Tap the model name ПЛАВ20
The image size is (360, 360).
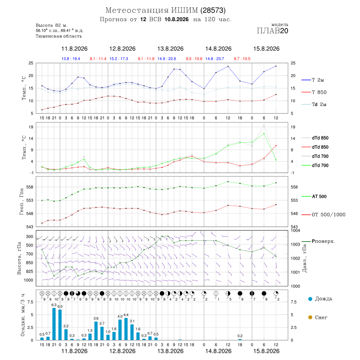click(272, 31)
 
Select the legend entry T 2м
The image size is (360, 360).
click(318, 80)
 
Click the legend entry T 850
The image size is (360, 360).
click(319, 92)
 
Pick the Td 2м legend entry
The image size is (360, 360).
click(319, 104)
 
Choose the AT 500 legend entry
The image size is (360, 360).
click(319, 196)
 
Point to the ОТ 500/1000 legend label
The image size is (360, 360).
click(328, 215)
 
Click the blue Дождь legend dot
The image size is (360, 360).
click(310, 299)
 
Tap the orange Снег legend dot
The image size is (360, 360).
click(310, 317)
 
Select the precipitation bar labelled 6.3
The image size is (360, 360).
click(54, 324)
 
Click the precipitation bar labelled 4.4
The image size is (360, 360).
click(126, 329)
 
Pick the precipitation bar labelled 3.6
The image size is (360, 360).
click(96, 331)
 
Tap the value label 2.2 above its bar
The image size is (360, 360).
click(66, 326)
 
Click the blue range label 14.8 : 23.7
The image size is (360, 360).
click(215, 59)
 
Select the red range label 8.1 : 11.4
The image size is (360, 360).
click(98, 59)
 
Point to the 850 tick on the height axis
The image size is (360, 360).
click(29, 263)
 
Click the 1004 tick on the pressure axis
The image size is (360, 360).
click(296, 230)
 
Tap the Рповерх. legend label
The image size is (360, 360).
click(323, 241)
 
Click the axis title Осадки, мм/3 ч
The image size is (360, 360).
click(22, 315)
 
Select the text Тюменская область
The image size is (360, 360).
click(59, 36)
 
